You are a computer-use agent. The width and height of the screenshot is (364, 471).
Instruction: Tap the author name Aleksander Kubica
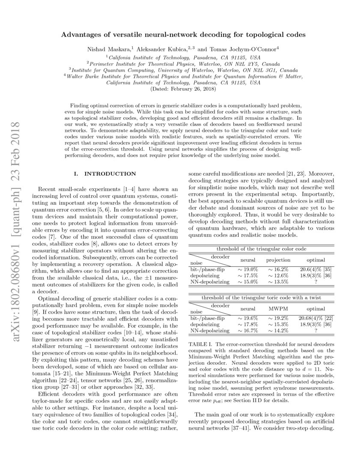tap(163, 49)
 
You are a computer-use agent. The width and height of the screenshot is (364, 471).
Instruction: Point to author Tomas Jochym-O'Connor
tap(243, 49)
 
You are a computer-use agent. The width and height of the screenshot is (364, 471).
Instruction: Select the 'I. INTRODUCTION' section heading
tap(105, 174)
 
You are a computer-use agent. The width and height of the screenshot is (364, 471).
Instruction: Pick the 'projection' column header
tap(278, 260)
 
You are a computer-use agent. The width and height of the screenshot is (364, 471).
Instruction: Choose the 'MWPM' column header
tap(278, 308)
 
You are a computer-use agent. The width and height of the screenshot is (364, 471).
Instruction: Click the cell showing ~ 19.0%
tap(248, 269)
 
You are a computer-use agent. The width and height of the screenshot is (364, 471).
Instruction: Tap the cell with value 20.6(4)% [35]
tap(316, 269)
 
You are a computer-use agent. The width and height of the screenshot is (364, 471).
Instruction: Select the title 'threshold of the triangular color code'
tap(262, 248)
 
